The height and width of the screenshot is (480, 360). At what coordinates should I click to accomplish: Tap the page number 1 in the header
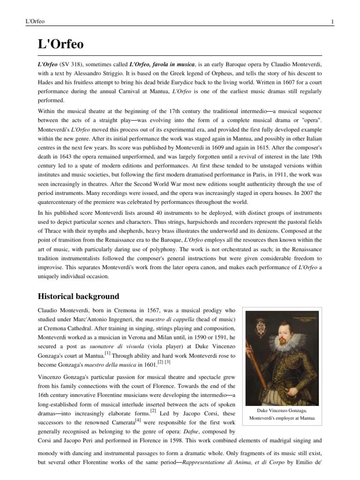point(332,22)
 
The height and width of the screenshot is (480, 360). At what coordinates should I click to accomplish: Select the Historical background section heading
point(79,297)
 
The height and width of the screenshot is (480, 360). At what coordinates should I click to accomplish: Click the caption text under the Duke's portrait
point(281,414)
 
